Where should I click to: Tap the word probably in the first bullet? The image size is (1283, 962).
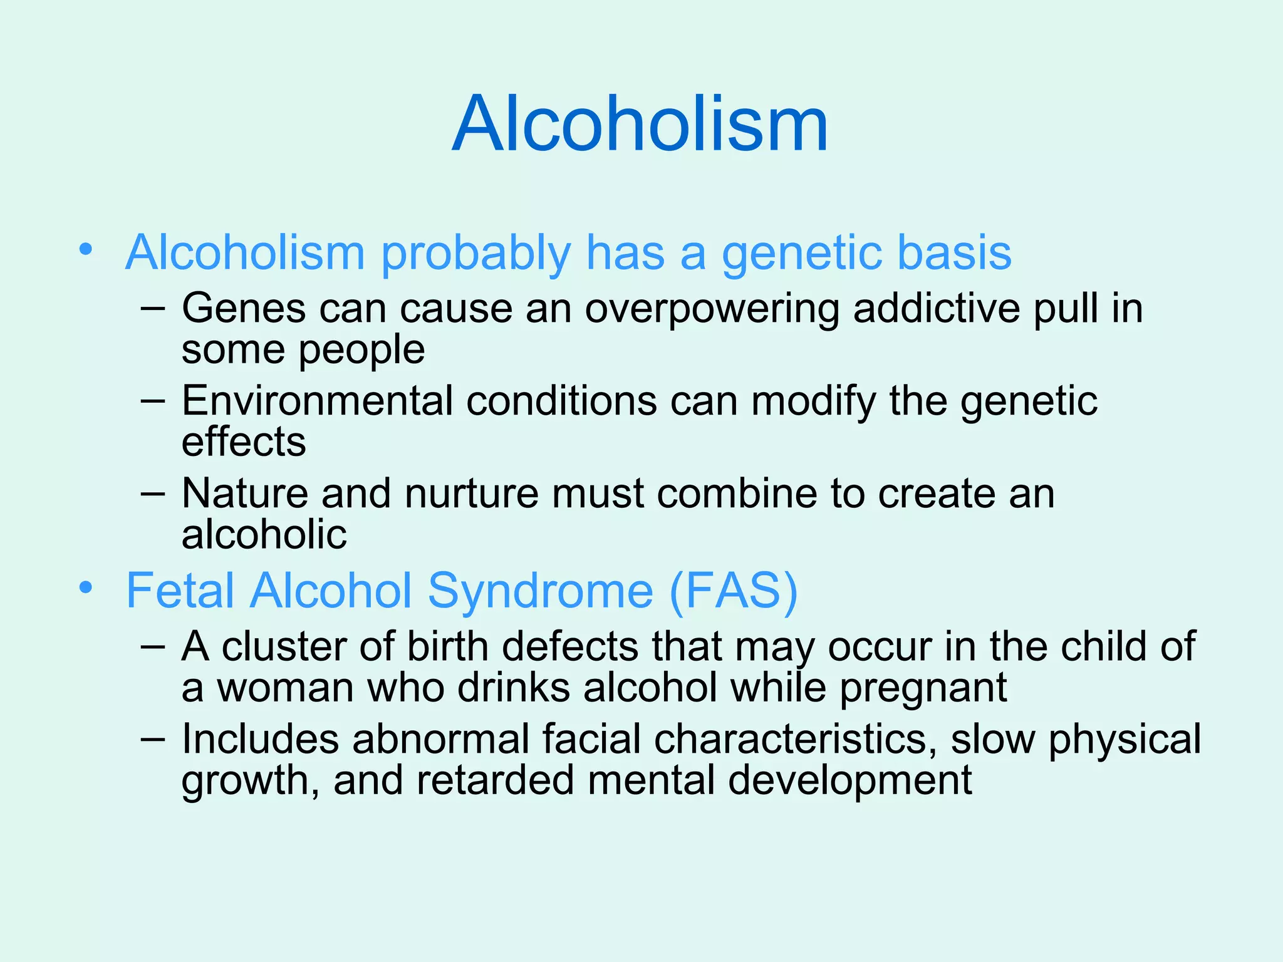tap(475, 253)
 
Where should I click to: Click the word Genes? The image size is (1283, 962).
tap(243, 309)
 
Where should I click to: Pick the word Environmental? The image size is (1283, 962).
tap(316, 401)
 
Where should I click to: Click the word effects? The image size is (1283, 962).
tap(244, 442)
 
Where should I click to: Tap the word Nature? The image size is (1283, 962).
tap(244, 494)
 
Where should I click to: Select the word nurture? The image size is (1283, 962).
tap(472, 494)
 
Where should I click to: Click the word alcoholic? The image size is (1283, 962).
tap(264, 535)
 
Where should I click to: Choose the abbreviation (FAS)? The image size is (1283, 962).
tap(734, 591)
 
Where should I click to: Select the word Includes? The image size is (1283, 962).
tap(260, 739)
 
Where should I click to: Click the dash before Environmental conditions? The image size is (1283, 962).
tap(153, 401)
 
